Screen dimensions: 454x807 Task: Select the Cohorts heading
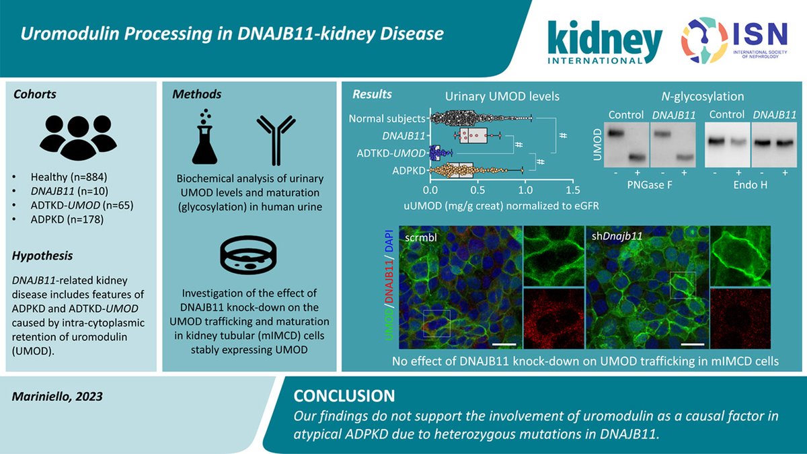coord(36,95)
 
